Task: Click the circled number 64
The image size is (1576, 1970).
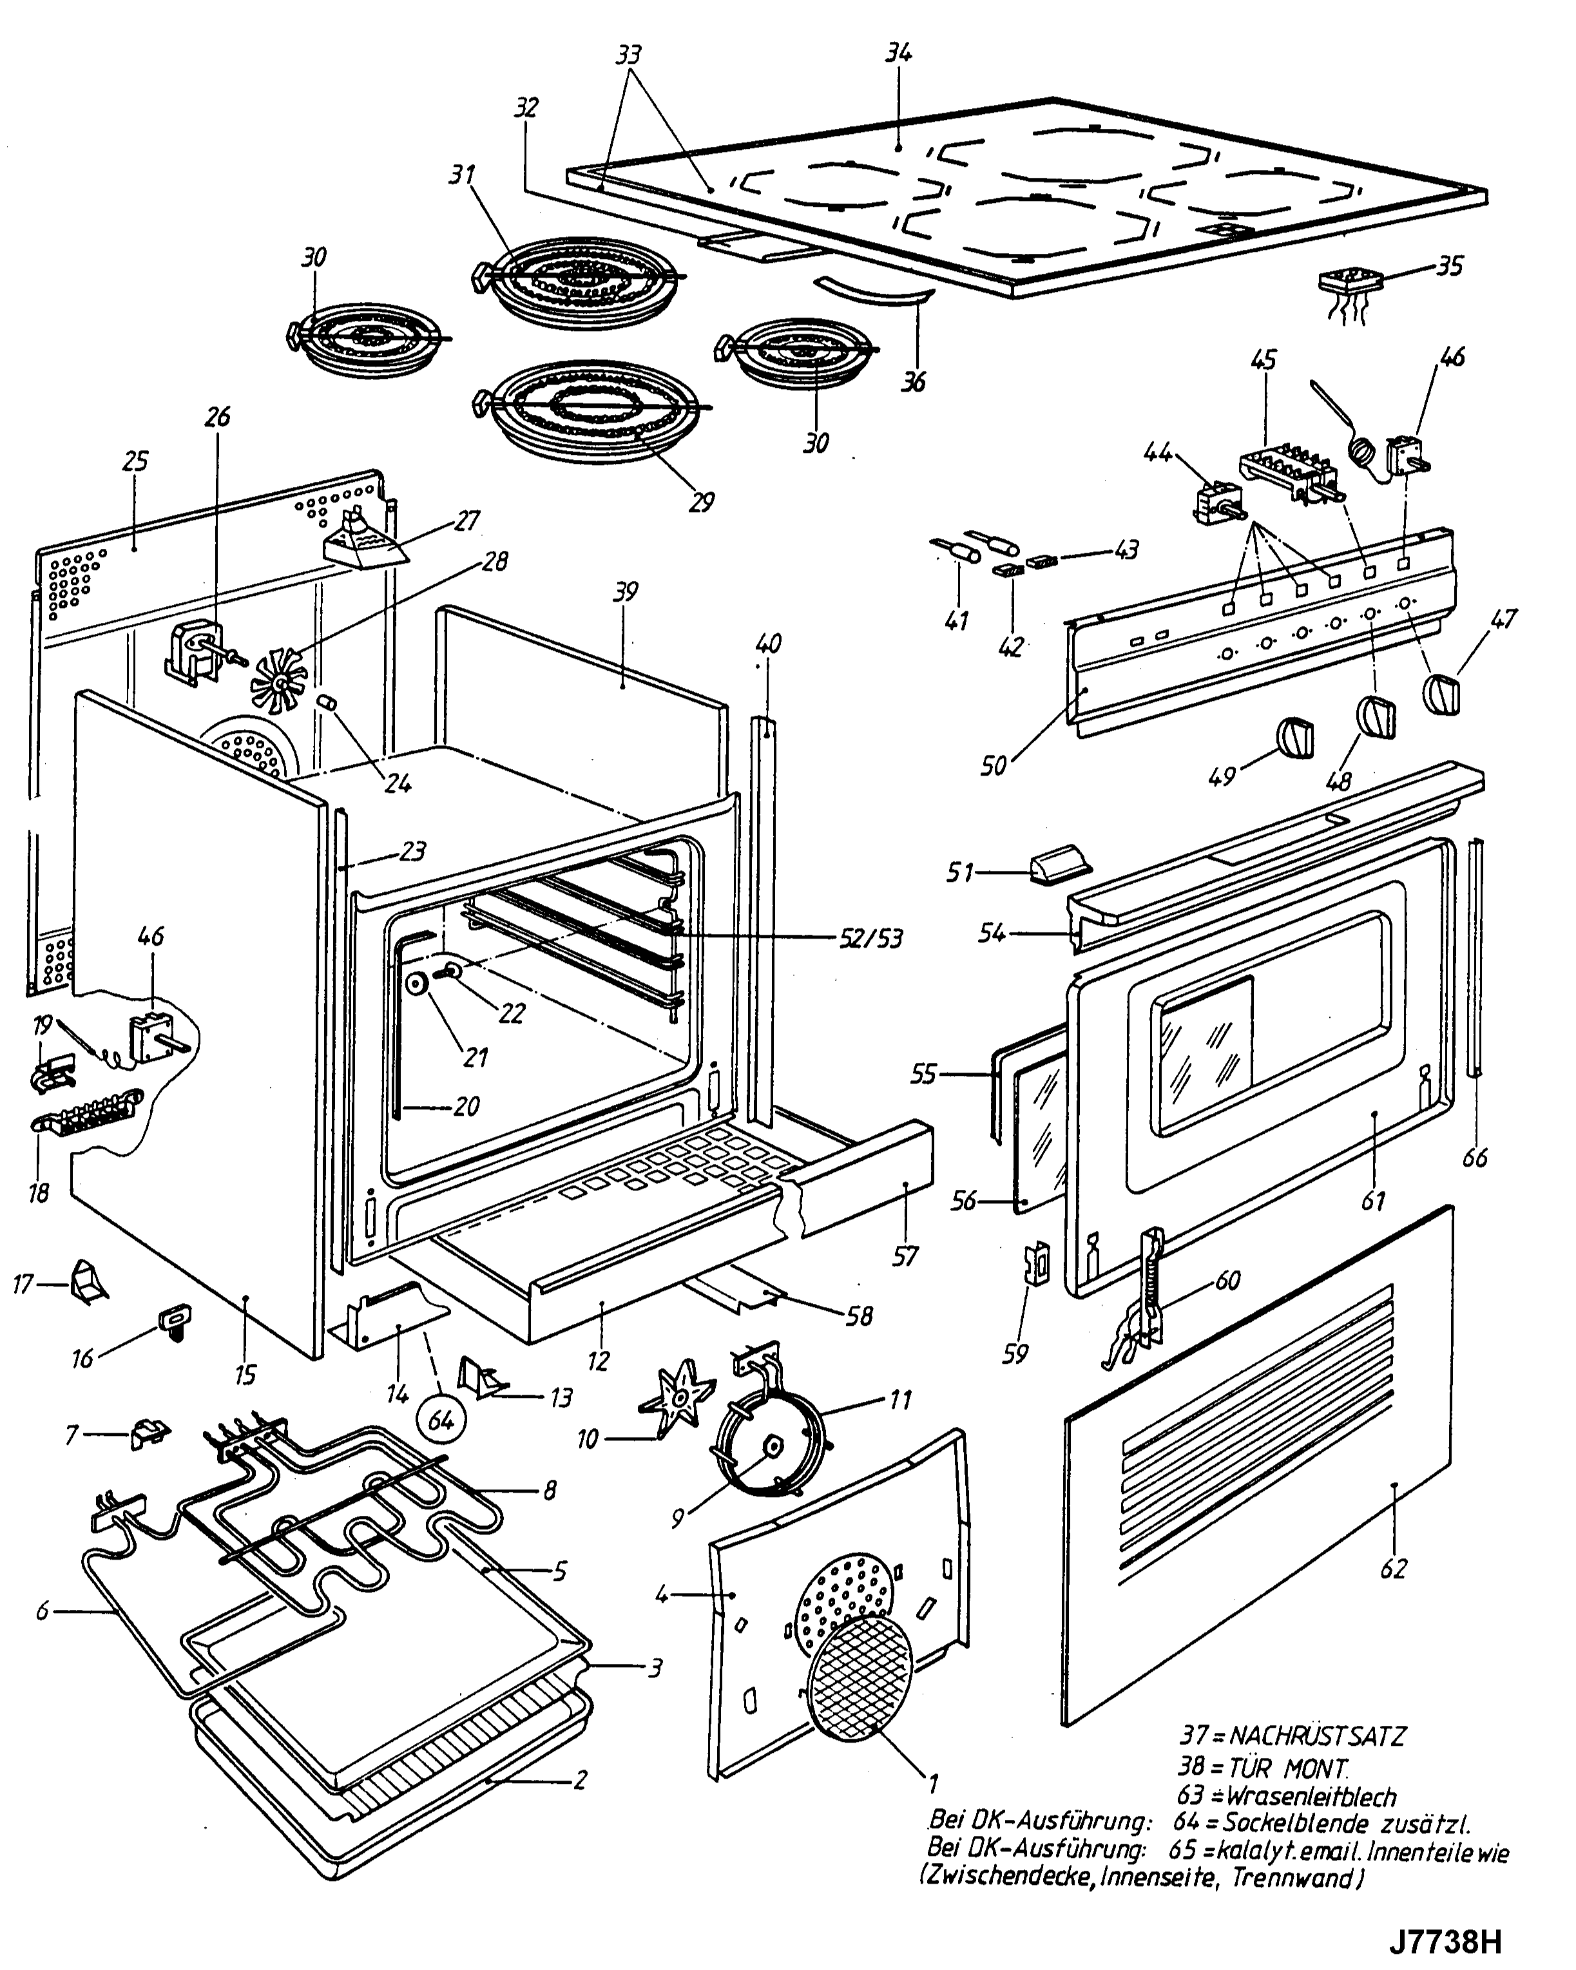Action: (441, 1422)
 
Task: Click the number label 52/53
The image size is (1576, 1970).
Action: (870, 939)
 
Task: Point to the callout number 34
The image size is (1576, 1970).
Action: (898, 53)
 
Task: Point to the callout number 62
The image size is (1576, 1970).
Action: (1393, 1569)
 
